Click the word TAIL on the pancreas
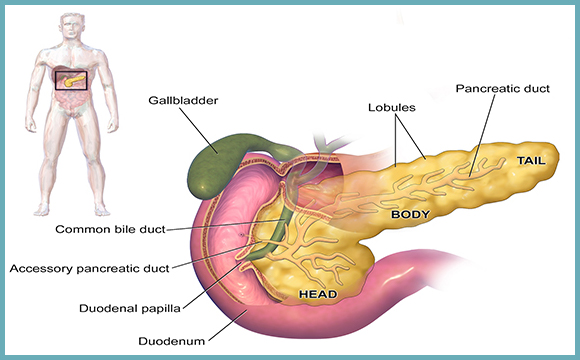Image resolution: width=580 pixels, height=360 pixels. pos(532,159)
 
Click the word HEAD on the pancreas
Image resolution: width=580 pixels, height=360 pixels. pos(318,295)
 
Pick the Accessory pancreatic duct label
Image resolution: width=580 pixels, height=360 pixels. pos(89,268)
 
